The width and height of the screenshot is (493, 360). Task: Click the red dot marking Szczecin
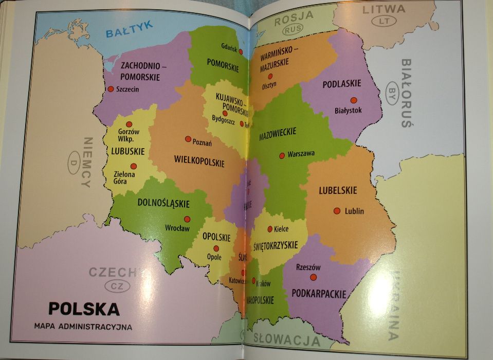pos(111,88)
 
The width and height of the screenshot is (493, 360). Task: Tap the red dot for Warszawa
pos(282,155)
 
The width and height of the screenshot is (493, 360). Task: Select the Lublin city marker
pos(337,211)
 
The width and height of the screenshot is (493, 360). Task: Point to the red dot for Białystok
pos(354,100)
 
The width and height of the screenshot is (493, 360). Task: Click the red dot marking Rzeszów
pos(313,277)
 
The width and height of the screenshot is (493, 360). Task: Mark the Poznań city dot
pos(188,139)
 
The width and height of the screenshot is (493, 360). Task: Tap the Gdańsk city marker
pos(240,51)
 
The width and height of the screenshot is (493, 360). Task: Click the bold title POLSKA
pos(84,309)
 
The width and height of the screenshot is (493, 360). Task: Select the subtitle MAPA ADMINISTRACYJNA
pos(83,326)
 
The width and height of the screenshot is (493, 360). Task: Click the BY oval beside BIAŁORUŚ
pos(392,93)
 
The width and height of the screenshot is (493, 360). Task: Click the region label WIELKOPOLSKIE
pos(200,161)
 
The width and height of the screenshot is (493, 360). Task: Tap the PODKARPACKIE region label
pos(319,294)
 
